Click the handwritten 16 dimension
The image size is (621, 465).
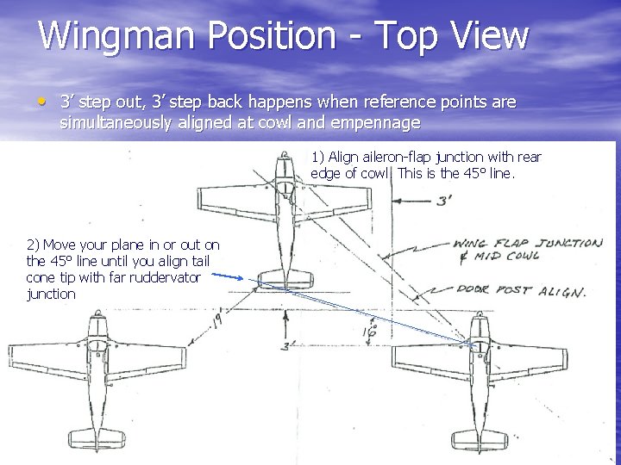(372, 330)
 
